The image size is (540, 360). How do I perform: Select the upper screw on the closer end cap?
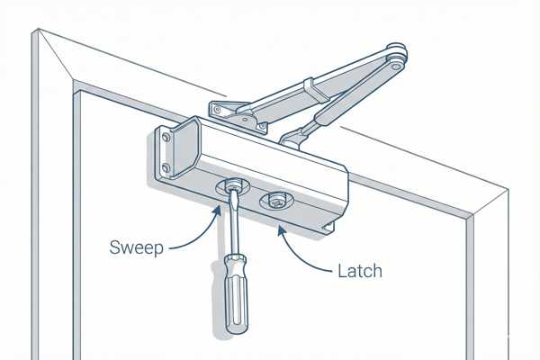coord(164,138)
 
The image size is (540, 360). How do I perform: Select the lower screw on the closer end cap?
coord(166,167)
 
